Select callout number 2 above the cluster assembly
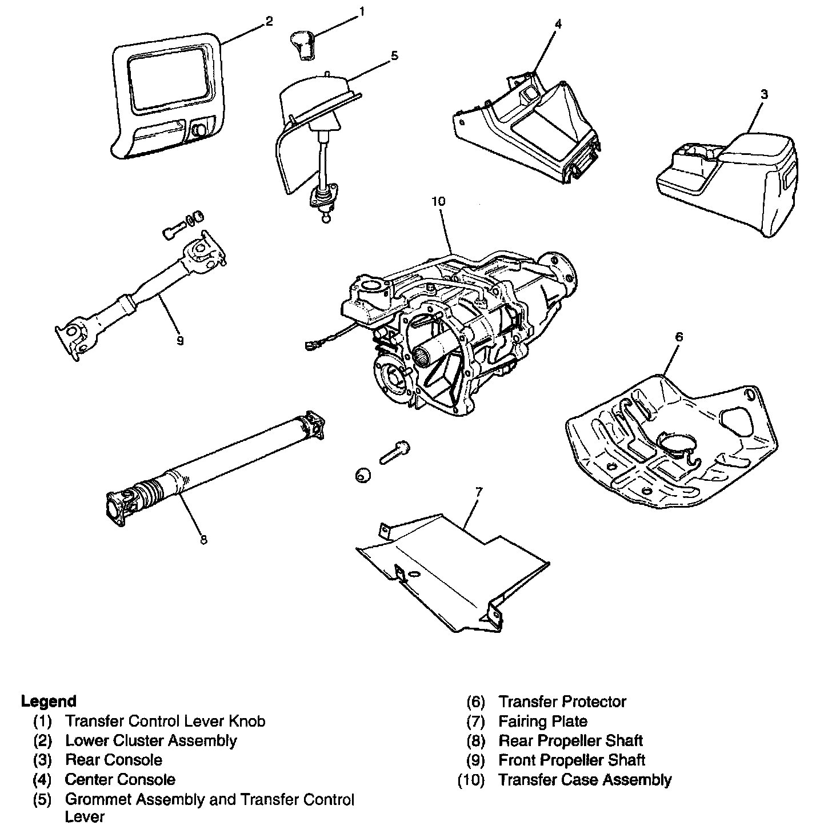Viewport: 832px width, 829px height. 269,21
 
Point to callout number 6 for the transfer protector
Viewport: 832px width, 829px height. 678,337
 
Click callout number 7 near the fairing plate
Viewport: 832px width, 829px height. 478,491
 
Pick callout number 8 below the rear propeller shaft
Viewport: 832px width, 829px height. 203,539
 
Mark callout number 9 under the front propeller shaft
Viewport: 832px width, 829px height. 180,341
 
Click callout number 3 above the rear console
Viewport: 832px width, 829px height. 764,94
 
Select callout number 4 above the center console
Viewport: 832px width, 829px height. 558,23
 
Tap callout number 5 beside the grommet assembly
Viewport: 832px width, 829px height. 394,55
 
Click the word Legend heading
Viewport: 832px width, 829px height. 49,701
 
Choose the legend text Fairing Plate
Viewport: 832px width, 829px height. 542,721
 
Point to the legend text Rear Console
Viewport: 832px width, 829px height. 113,760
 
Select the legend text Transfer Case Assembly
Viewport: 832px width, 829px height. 585,779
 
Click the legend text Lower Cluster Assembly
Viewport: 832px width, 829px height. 151,740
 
